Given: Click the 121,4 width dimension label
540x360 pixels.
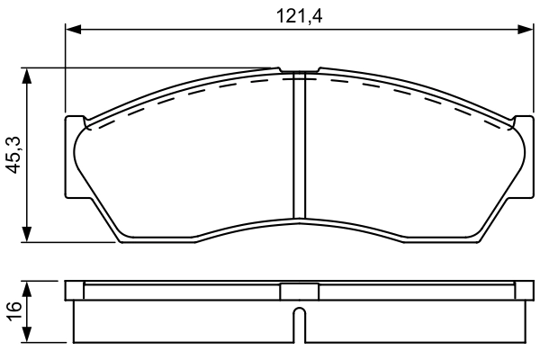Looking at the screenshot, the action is (300, 16).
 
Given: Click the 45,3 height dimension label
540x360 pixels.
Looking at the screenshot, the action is (14, 155).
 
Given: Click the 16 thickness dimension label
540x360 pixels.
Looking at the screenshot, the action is (14, 311).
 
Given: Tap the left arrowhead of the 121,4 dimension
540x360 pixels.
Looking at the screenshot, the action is (73, 30).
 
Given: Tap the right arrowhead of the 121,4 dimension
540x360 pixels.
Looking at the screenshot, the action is (526, 30).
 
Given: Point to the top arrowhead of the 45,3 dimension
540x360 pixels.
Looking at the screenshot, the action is (26, 76).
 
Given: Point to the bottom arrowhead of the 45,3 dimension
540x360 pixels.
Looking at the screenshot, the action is (26, 235).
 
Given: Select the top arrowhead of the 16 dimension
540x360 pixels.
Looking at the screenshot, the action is (26, 289).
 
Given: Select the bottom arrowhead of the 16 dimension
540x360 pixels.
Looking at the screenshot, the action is (26, 335).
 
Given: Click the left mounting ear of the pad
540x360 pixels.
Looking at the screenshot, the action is (74, 157).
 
